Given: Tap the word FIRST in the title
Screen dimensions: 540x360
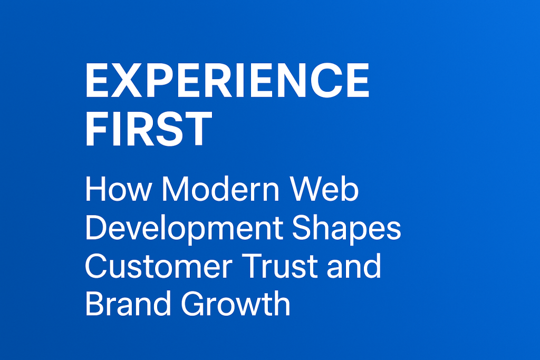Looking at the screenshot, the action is [148, 129].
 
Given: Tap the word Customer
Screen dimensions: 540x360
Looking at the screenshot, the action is [159, 266].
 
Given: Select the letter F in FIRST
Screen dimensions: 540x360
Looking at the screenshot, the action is [97, 129].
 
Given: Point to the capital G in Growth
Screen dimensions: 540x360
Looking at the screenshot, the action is [193, 303].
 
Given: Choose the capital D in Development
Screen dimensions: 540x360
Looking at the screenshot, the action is [97, 227].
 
